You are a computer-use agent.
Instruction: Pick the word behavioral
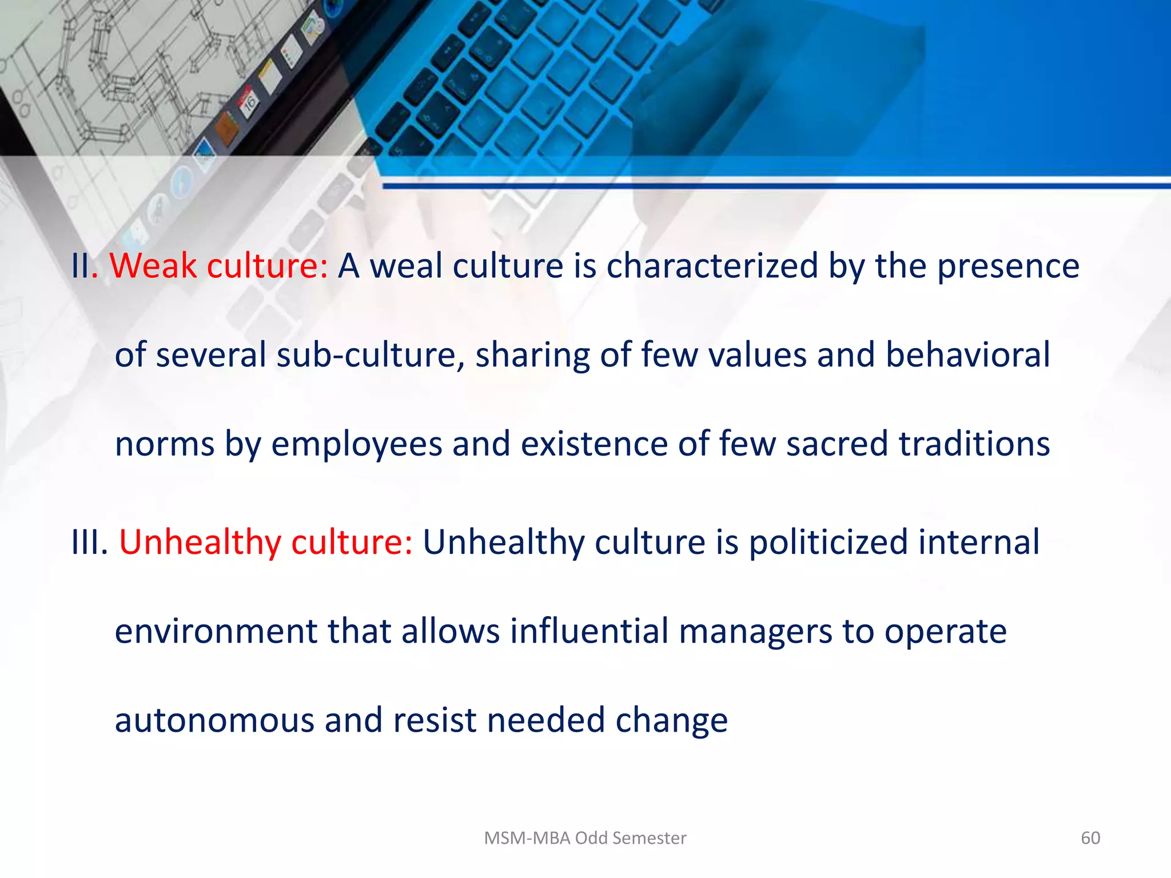click(x=967, y=355)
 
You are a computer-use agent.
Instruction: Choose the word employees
click(x=357, y=444)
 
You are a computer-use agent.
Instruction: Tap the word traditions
click(x=974, y=444)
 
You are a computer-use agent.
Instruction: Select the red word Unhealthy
click(x=200, y=542)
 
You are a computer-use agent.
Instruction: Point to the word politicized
click(x=829, y=542)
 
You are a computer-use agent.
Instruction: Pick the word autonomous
click(x=215, y=720)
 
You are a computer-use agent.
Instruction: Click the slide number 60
click(x=1090, y=838)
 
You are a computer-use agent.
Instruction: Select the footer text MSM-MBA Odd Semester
click(x=585, y=838)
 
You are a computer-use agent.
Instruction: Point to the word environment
click(x=216, y=631)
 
